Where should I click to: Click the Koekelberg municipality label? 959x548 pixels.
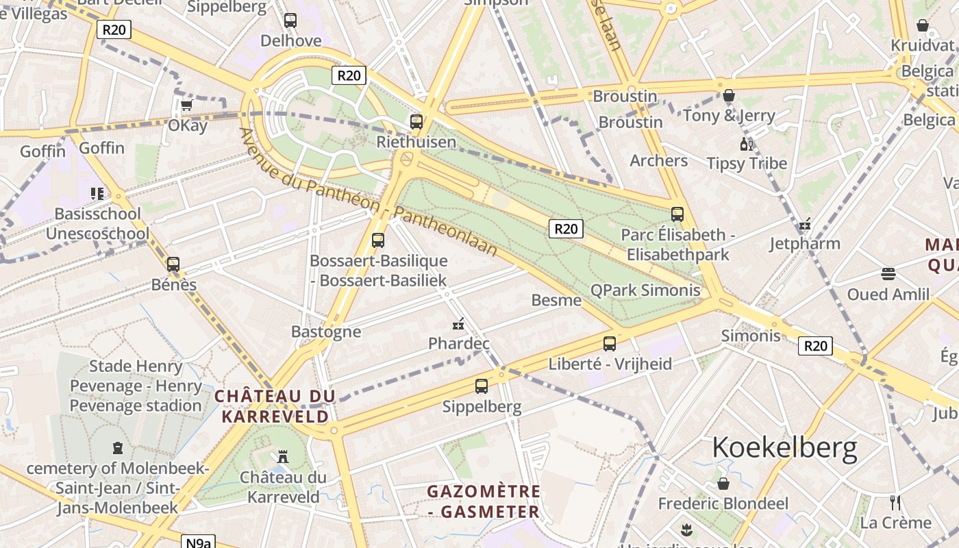pyautogui.click(x=784, y=447)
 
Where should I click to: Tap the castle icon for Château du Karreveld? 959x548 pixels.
pyautogui.click(x=282, y=456)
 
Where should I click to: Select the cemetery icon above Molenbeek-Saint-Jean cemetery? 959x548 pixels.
pyautogui.click(x=118, y=448)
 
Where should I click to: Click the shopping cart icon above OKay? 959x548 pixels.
pyautogui.click(x=186, y=105)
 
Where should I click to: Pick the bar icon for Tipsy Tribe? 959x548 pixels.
pyautogui.click(x=746, y=144)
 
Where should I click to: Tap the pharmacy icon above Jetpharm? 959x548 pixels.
pyautogui.click(x=805, y=224)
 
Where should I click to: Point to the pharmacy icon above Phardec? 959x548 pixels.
pyautogui.click(x=458, y=323)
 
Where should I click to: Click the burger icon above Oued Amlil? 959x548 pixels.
pyautogui.click(x=888, y=274)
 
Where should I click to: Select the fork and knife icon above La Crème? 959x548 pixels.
pyautogui.click(x=895, y=502)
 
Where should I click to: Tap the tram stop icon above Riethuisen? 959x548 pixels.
pyautogui.click(x=416, y=122)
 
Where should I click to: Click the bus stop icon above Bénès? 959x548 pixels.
pyautogui.click(x=173, y=264)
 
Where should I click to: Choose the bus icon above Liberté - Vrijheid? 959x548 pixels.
pyautogui.click(x=610, y=344)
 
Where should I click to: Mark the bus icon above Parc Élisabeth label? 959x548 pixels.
pyautogui.click(x=677, y=214)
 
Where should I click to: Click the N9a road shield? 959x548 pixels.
pyautogui.click(x=199, y=543)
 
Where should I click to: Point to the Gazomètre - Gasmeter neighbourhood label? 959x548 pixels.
pyautogui.click(x=484, y=501)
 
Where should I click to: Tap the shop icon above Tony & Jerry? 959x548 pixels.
pyautogui.click(x=729, y=95)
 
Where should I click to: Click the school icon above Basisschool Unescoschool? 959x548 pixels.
pyautogui.click(x=97, y=194)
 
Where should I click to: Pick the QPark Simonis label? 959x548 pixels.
pyautogui.click(x=645, y=290)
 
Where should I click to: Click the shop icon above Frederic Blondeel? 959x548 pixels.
pyautogui.click(x=723, y=484)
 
